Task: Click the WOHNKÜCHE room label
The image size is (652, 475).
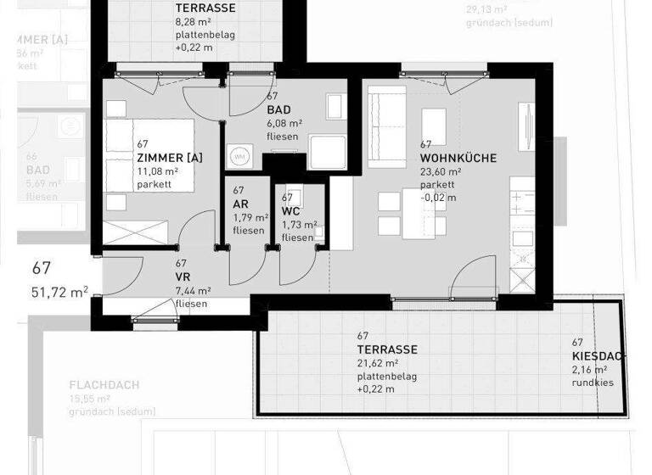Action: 458,159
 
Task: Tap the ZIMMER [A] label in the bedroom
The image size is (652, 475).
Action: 169,158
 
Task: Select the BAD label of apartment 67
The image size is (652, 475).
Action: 278,111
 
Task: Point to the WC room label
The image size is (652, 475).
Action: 291,211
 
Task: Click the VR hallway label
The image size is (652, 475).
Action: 183,277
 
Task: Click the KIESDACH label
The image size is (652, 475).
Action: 598,356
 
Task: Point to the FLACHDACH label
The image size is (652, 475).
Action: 104,385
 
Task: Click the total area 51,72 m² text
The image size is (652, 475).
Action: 60,292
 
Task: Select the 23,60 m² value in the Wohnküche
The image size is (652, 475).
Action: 441,171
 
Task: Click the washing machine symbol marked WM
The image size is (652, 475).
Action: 239,157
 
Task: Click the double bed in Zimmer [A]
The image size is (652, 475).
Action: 148,157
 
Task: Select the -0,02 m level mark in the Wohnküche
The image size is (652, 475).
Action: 439,198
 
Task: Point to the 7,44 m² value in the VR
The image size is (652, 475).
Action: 193,290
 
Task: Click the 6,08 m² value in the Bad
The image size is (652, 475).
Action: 284,123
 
